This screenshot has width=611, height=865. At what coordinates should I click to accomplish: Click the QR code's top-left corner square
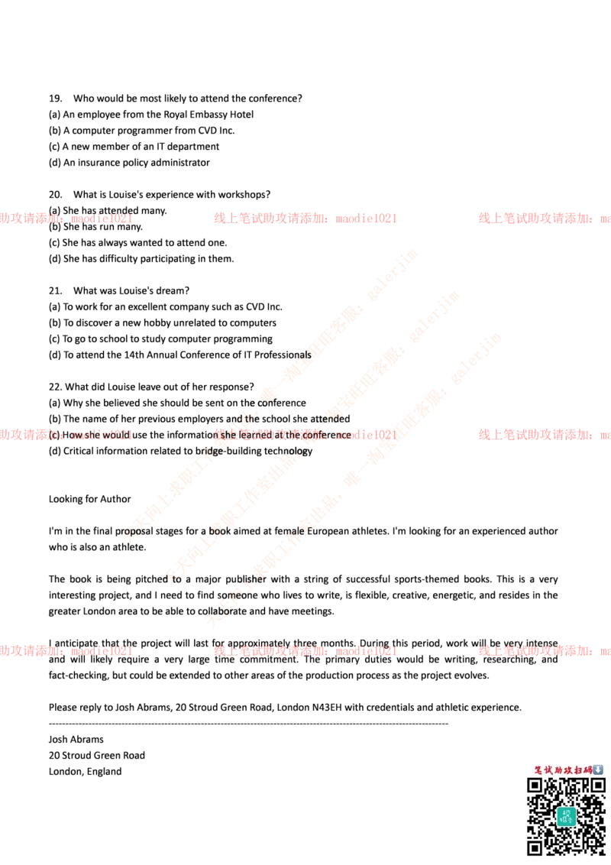[x=535, y=786]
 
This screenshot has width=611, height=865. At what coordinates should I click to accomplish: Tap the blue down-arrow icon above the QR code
[x=598, y=769]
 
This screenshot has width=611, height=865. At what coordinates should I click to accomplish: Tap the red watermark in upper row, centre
[x=305, y=219]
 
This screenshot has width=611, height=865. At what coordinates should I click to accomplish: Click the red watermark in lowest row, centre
[x=305, y=652]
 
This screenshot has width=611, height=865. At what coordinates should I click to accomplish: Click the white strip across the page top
[x=305, y=51]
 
